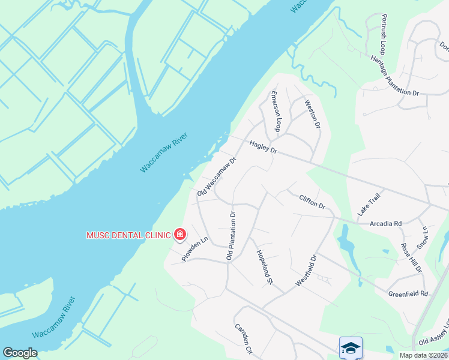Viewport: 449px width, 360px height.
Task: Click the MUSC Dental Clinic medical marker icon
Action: coord(179,235)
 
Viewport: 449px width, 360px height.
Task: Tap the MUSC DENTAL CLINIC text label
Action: coord(128,235)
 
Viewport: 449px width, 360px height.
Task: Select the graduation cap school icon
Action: coord(351,347)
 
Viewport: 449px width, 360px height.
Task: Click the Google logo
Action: coord(20,353)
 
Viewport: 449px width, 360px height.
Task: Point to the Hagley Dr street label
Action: coord(264,146)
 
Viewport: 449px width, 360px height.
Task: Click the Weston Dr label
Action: coord(313,113)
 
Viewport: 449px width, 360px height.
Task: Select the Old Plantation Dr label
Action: coord(231,235)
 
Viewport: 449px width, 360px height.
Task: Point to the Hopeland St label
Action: coord(265,267)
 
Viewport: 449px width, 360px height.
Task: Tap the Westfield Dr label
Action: coord(306,271)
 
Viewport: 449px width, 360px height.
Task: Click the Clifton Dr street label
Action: coord(312,201)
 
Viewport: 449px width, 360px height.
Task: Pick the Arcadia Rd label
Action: coord(385,223)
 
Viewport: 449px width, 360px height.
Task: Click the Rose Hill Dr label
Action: coord(411,257)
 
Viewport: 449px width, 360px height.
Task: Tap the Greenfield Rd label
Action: coord(408,294)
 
